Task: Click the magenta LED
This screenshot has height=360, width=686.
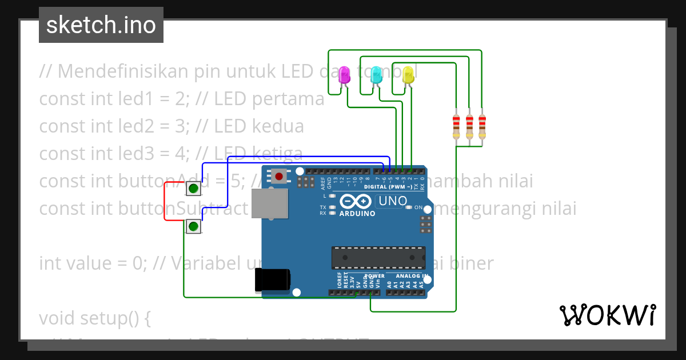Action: (344, 74)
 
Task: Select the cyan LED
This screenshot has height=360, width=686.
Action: (376, 74)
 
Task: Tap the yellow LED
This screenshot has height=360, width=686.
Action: (408, 74)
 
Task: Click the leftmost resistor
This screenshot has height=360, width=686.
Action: (456, 126)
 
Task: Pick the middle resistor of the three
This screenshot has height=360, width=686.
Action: (469, 126)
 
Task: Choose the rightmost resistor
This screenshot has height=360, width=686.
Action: (482, 126)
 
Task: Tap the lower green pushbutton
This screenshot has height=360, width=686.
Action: (194, 227)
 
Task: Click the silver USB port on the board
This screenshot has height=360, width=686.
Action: (270, 204)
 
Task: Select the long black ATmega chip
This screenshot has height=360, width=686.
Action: (379, 257)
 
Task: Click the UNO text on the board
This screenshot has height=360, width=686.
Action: (393, 201)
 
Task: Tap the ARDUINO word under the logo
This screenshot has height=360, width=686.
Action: (357, 214)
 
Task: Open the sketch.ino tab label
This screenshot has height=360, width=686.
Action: (101, 25)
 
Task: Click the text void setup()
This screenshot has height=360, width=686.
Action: (95, 318)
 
